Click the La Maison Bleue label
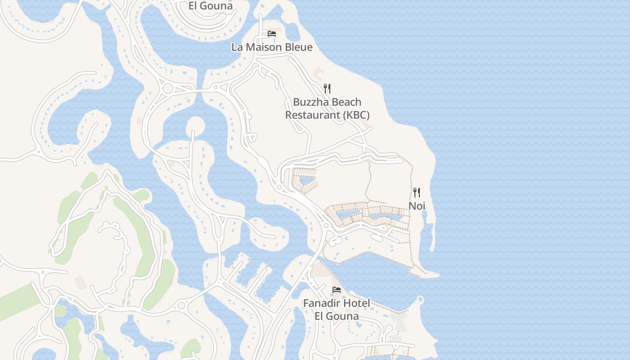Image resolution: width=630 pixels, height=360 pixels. click(x=272, y=47)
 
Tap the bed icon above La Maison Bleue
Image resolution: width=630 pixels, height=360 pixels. click(x=272, y=34)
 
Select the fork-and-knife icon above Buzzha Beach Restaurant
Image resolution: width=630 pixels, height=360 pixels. click(x=327, y=89)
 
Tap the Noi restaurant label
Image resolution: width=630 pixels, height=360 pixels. click(x=417, y=206)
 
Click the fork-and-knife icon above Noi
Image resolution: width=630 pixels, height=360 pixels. click(x=417, y=193)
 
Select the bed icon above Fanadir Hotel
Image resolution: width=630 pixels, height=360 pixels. click(x=337, y=289)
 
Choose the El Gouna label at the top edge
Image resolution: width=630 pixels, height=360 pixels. click(x=211, y=6)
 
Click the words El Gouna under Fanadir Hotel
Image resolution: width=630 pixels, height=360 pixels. click(x=337, y=316)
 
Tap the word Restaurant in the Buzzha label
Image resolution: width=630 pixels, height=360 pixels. click(x=313, y=115)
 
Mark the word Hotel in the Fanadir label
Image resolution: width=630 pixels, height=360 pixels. click(x=357, y=303)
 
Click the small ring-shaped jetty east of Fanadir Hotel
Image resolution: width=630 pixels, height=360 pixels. click(x=421, y=299)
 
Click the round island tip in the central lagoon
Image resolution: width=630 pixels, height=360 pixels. click(x=195, y=125)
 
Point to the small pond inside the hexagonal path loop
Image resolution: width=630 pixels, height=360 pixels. click(x=307, y=180)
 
